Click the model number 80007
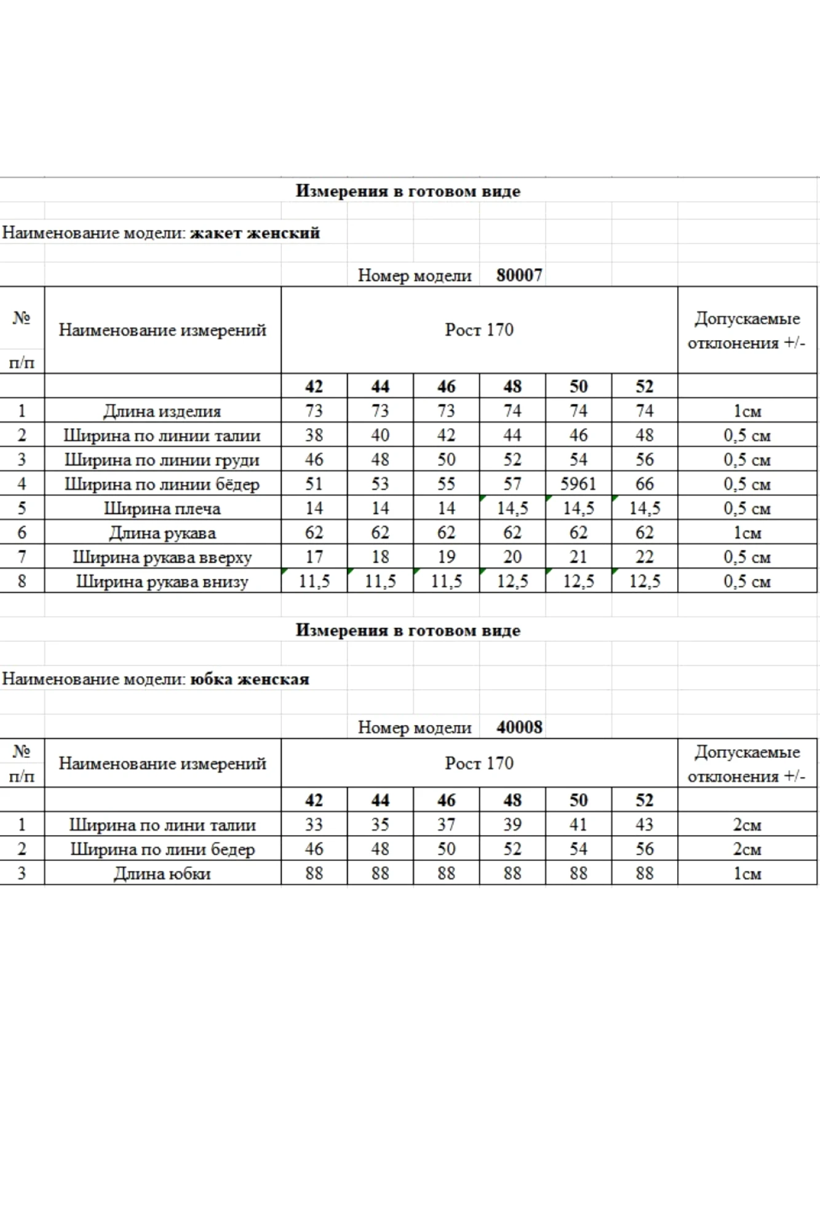(519, 275)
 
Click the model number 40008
(519, 727)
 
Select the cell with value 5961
(578, 484)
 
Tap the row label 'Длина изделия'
(162, 411)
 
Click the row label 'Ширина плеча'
(162, 509)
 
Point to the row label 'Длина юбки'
(162, 873)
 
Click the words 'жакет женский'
(255, 233)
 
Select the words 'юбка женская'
(249, 679)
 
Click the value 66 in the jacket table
(644, 484)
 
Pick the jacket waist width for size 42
(314, 435)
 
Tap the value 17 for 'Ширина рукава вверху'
(314, 557)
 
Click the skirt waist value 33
(314, 825)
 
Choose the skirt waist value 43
(644, 825)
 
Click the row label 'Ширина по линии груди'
(162, 460)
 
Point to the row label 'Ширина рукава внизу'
(162, 582)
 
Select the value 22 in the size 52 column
(644, 557)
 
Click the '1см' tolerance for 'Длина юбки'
(747, 873)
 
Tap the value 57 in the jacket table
(512, 484)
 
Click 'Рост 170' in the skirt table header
(479, 763)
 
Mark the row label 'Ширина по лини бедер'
(162, 849)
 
